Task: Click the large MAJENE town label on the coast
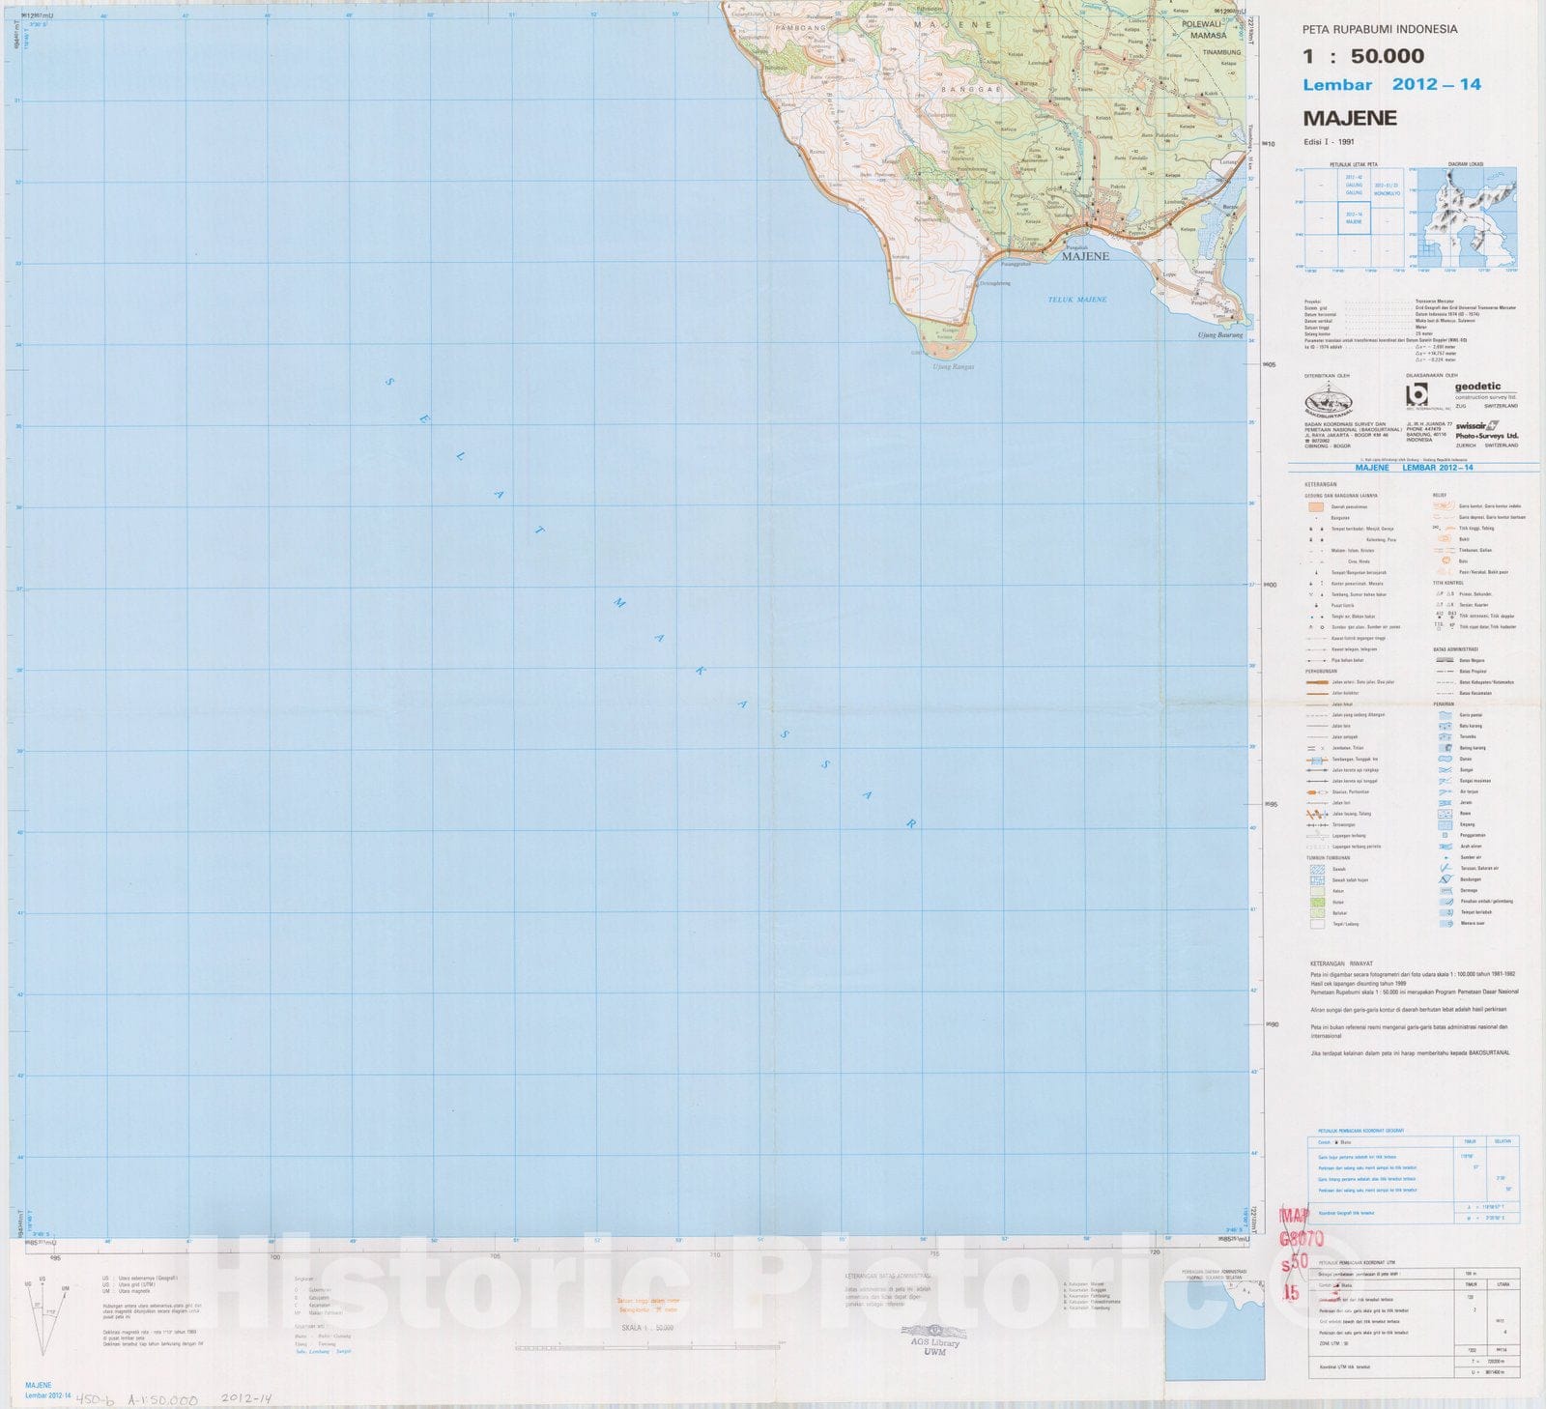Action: coord(1085,257)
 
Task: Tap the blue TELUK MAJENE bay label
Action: coord(1077,300)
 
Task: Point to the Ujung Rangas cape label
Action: coord(953,367)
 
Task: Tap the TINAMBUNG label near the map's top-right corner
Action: coord(1221,52)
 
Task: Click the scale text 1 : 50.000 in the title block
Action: coord(1362,56)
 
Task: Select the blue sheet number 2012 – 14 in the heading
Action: coord(1436,85)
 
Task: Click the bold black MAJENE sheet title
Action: coord(1349,118)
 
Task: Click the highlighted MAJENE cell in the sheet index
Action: coord(1354,218)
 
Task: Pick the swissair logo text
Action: coord(1471,425)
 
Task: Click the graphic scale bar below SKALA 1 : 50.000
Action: coord(647,1346)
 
